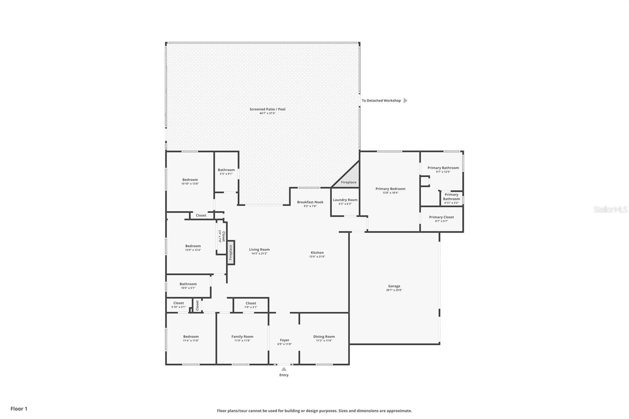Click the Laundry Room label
[x=345, y=200]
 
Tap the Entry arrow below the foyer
[x=284, y=369]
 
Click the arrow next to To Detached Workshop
[x=405, y=101]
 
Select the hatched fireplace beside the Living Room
[x=231, y=252]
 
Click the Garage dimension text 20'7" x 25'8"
[x=394, y=290]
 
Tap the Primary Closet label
[x=441, y=217]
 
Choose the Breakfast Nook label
[x=310, y=202]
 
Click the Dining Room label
[x=324, y=336]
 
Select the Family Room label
[x=242, y=336]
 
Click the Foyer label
[x=284, y=340]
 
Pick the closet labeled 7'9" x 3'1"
[x=251, y=305]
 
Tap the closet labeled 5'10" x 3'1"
[x=178, y=305]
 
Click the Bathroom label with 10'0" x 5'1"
[x=188, y=284]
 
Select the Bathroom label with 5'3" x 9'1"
[x=226, y=170]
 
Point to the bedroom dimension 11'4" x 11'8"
[x=191, y=340]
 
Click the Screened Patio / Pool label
[x=267, y=109]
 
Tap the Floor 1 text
[x=19, y=409]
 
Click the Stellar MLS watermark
[x=610, y=210]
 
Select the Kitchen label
[x=317, y=253]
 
